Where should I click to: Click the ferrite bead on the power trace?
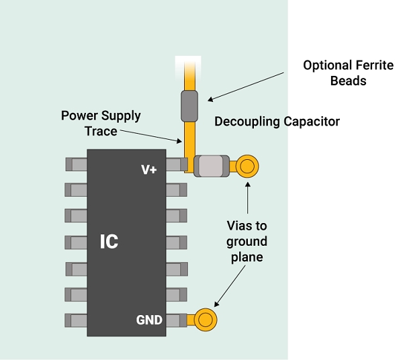pos(189,104)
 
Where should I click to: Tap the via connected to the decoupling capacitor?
pos(247,165)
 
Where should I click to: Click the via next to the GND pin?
pos(206,320)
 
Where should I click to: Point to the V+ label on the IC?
pos(148,169)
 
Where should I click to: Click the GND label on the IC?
pos(149,320)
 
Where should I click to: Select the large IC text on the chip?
pos(109,242)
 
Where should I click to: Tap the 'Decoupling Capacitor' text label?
pos(277,122)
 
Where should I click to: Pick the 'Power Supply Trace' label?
pos(101,123)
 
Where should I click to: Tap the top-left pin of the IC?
pos(76,164)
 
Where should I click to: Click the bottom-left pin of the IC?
pos(76,320)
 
